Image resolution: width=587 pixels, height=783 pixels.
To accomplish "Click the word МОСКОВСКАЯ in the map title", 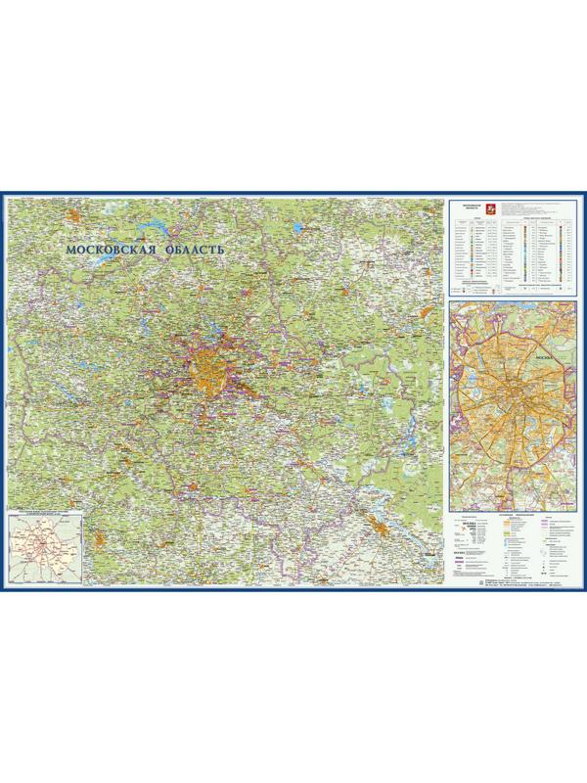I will pyautogui.click(x=105, y=250).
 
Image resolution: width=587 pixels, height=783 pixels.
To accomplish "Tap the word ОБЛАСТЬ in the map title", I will pyautogui.click(x=195, y=250).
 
